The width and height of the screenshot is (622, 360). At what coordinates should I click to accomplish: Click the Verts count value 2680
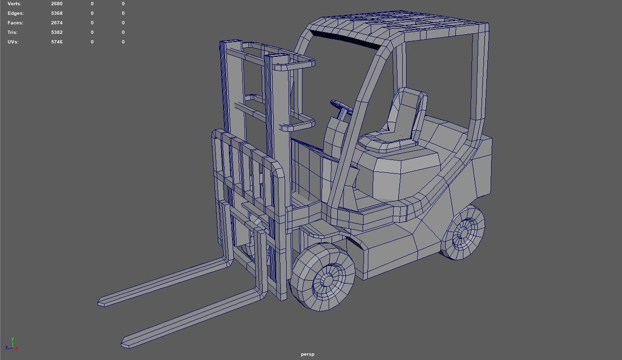56,4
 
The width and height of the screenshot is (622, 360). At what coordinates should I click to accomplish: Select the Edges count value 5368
56,13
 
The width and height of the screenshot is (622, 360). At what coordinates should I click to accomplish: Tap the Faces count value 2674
56,23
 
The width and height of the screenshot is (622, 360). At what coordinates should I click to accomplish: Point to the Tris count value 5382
56,32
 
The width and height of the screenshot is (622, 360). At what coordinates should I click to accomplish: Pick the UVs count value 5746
56,42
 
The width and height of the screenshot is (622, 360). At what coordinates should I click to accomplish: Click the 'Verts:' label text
14,4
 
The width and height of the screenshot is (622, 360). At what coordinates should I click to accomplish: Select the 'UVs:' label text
13,42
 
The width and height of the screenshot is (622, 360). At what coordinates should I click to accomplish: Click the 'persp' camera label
308,354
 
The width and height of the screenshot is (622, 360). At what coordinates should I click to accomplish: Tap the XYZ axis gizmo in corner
12,345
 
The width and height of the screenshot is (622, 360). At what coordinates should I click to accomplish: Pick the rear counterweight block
473,162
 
